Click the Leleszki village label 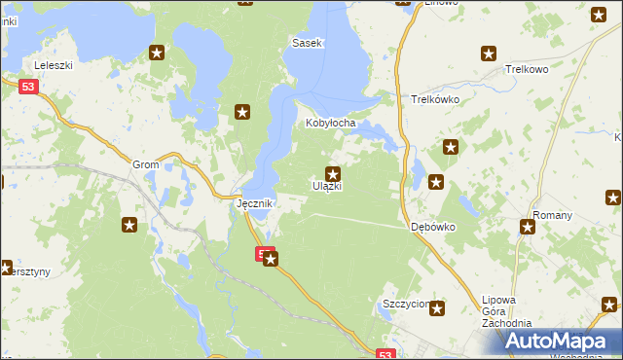(54, 66)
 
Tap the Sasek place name (308, 44)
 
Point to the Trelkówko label (435, 99)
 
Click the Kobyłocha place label (332, 124)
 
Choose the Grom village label (145, 165)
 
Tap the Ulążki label (327, 186)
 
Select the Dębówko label (432, 226)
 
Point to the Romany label (550, 214)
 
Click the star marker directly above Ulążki (333, 172)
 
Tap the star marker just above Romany (528, 228)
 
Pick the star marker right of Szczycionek (437, 308)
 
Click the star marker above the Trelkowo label (491, 54)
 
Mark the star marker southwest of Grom (128, 226)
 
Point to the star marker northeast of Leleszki (156, 54)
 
